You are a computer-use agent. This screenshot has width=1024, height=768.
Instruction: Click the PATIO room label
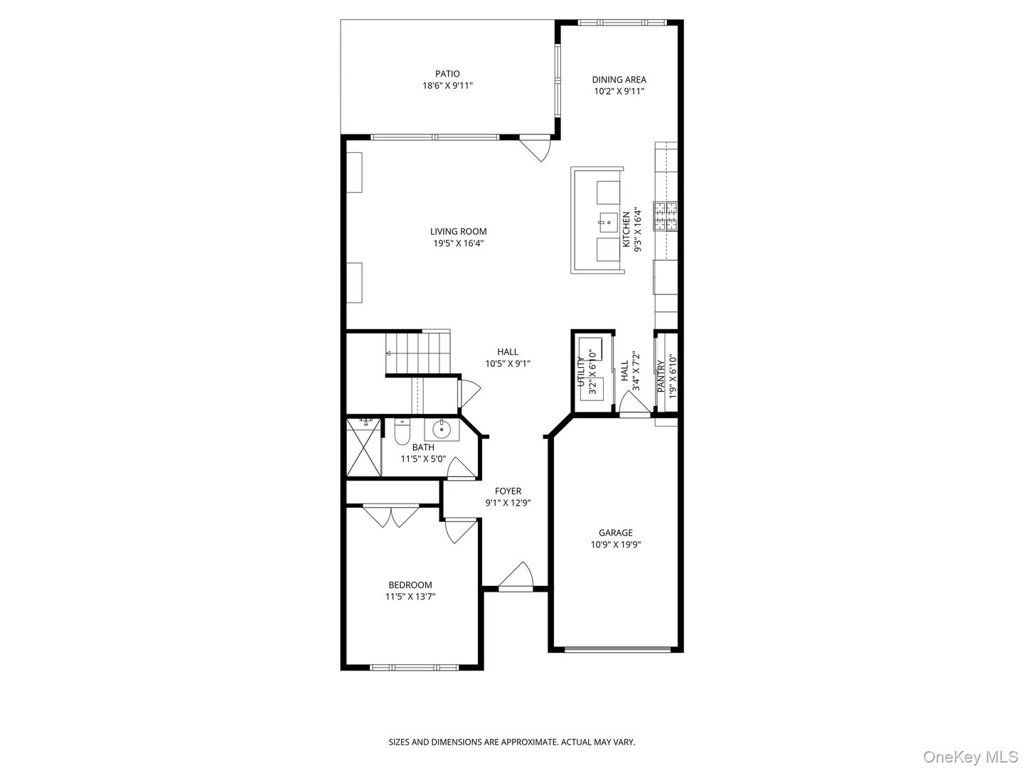click(x=447, y=73)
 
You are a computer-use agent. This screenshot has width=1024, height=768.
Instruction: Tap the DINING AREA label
click(x=619, y=80)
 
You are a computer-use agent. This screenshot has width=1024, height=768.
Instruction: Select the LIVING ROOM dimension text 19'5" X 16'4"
click(x=458, y=243)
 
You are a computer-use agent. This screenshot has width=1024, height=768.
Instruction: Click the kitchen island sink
click(x=609, y=222)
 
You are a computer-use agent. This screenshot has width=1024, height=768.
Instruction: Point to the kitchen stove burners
click(x=666, y=216)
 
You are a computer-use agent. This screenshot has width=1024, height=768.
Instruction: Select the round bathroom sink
click(x=442, y=429)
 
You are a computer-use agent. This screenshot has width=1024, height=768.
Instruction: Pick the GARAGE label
click(x=615, y=533)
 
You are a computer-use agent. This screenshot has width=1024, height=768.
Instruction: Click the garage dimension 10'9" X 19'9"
click(x=615, y=545)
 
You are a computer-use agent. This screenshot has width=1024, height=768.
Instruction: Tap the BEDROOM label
click(x=410, y=585)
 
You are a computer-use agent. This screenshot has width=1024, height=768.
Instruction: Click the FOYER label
click(x=508, y=491)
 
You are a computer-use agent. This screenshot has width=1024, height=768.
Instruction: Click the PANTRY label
click(x=661, y=375)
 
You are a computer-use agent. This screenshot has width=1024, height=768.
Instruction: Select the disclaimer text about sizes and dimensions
click(x=511, y=742)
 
